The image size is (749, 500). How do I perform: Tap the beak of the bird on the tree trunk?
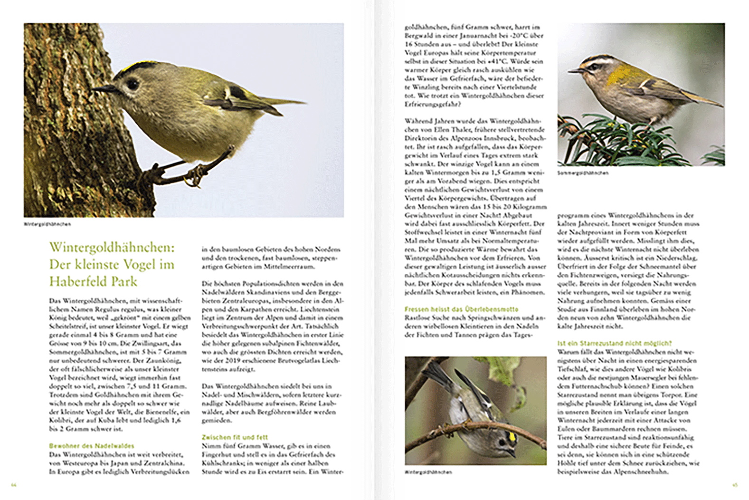pyautogui.click(x=102, y=88)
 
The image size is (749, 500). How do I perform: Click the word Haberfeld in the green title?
pyautogui.click(x=78, y=281)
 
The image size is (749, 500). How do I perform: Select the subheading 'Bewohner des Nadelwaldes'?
pyautogui.click(x=92, y=446)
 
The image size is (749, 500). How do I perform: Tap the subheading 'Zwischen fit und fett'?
pyautogui.click(x=235, y=437)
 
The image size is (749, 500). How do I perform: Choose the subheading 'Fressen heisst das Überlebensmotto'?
pyautogui.click(x=461, y=309)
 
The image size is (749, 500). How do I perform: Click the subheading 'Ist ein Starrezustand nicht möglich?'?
pyautogui.click(x=614, y=343)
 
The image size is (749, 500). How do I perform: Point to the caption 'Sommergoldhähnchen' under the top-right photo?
pyautogui.click(x=583, y=173)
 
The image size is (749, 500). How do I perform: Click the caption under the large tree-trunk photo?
pyautogui.click(x=47, y=224)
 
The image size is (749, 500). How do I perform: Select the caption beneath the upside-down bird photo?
pyautogui.click(x=428, y=472)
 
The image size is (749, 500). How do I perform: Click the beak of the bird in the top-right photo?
pyautogui.click(x=574, y=71)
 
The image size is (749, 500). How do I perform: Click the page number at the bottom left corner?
pyautogui.click(x=14, y=485)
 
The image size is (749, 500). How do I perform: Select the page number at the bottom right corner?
pyautogui.click(x=735, y=485)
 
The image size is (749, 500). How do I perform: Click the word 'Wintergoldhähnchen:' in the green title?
pyautogui.click(x=112, y=247)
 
